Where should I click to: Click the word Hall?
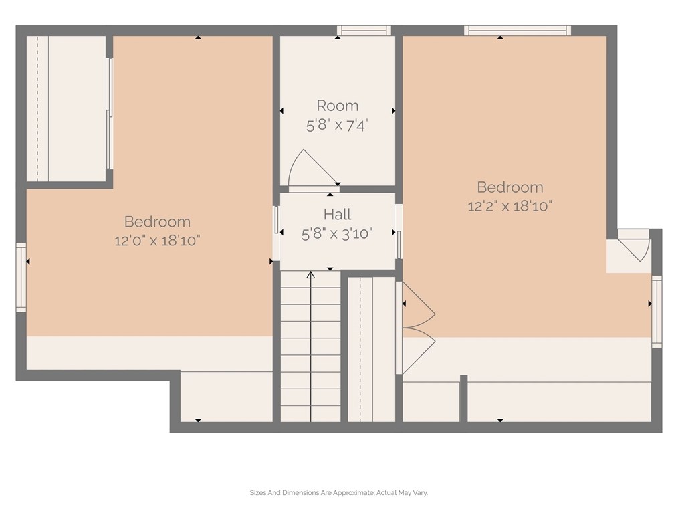pos(337,214)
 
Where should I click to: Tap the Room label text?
pos(337,106)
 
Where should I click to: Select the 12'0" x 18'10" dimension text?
pos(157,241)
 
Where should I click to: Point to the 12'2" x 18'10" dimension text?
pos(510,206)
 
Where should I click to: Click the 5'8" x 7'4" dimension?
pos(337,126)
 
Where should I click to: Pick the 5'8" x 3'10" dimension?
pos(337,234)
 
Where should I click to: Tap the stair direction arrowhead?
pos(310,275)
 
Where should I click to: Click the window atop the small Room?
pos(364,31)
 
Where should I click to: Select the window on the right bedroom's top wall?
pos(518,31)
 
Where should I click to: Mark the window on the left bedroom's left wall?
pos(21,277)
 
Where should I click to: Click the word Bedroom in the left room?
pos(157,221)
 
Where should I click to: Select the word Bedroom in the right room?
pos(510,187)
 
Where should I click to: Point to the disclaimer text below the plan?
pos(338,492)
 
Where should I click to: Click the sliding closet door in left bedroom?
pos(110,113)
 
